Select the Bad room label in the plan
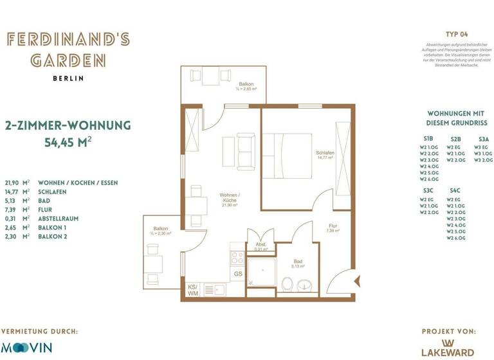298,262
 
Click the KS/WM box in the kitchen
192,290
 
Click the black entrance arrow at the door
358,280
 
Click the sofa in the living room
245,148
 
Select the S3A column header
484,138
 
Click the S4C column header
455,190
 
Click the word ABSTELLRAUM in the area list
59,219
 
